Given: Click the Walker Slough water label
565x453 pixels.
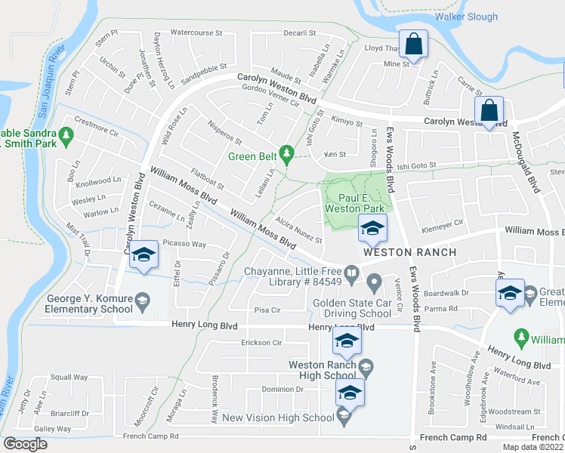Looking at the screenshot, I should pyautogui.click(x=466, y=17).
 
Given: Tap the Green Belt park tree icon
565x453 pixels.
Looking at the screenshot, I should pyautogui.click(x=286, y=155).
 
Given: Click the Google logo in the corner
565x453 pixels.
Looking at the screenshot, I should pyautogui.click(x=25, y=444).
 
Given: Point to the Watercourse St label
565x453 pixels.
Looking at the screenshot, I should pyautogui.click(x=196, y=33).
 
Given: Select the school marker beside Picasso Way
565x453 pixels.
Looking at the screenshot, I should pyautogui.click(x=142, y=254).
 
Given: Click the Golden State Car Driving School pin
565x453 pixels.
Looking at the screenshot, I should pyautogui.click(x=373, y=283).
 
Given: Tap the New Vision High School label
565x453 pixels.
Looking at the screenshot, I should pyautogui.click(x=278, y=418).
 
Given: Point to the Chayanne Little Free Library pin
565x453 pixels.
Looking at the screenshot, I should pyautogui.click(x=351, y=271).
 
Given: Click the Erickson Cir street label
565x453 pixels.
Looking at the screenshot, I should pyautogui.click(x=261, y=343).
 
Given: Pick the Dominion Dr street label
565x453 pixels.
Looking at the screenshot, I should pyautogui.click(x=282, y=390).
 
